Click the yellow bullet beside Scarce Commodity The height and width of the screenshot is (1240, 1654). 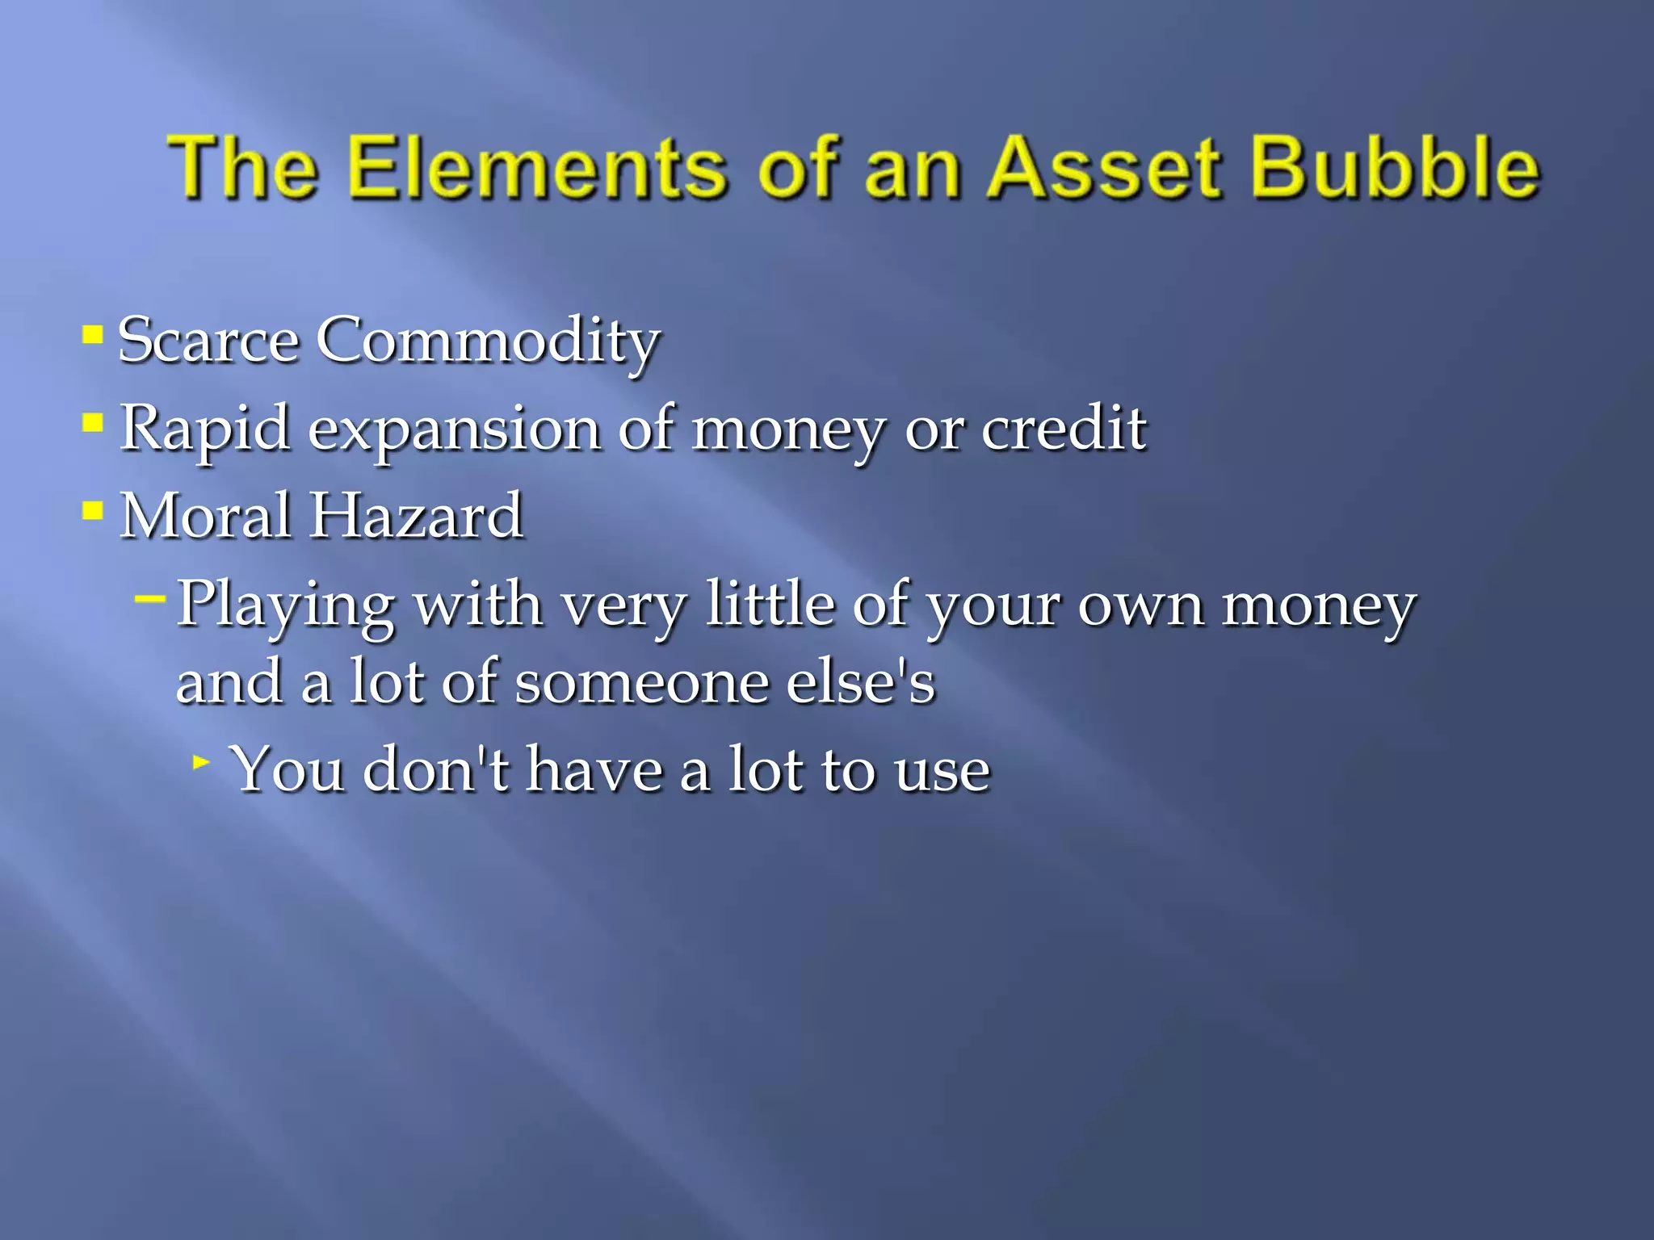(x=93, y=334)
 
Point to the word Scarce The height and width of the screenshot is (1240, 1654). (x=208, y=341)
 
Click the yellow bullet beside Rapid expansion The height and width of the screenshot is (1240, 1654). (x=93, y=422)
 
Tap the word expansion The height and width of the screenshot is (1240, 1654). (x=454, y=429)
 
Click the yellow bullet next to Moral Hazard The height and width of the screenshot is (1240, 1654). (x=93, y=510)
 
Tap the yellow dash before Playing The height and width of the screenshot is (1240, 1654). (x=150, y=598)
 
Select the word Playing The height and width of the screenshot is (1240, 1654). (x=285, y=605)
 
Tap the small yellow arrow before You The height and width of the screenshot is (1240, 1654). (x=202, y=760)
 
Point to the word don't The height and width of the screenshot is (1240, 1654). (x=436, y=769)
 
